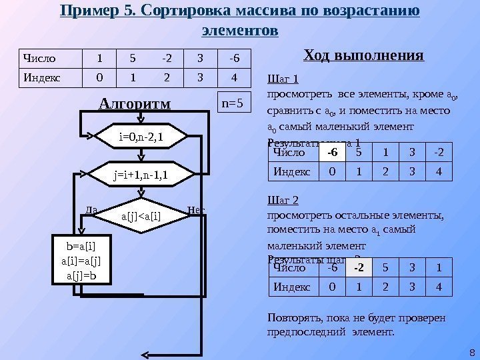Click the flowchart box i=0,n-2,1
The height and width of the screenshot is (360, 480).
pyautogui.click(x=142, y=137)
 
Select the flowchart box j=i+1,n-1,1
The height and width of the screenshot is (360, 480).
pyautogui.click(x=142, y=176)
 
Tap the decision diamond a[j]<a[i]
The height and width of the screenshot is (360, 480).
pyautogui.click(x=142, y=215)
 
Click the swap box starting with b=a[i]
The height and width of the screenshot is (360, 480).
pyautogui.click(x=81, y=257)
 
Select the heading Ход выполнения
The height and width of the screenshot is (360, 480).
pyautogui.click(x=363, y=55)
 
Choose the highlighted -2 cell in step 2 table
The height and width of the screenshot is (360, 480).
pyautogui.click(x=359, y=268)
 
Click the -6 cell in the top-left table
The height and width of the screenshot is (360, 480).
pyautogui.click(x=235, y=58)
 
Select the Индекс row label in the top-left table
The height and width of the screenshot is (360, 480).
pyautogui.click(x=41, y=77)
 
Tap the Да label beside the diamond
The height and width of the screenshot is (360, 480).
pyautogui.click(x=92, y=210)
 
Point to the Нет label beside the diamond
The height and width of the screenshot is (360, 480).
pyautogui.click(x=197, y=210)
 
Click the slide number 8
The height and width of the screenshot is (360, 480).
pyautogui.click(x=471, y=353)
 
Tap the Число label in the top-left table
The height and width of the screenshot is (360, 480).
pyautogui.click(x=39, y=58)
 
